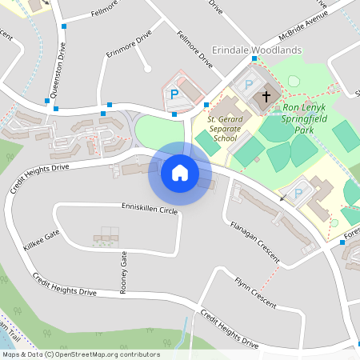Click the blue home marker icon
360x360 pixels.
coord(180,173)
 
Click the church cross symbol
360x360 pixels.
coord(266,97)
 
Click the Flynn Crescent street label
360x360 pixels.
coord(255,293)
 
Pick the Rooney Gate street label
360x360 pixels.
coord(124,272)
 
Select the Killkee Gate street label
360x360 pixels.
coord(42,241)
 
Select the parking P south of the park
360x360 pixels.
coord(299,193)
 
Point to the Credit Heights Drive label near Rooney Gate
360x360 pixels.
coord(65,286)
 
